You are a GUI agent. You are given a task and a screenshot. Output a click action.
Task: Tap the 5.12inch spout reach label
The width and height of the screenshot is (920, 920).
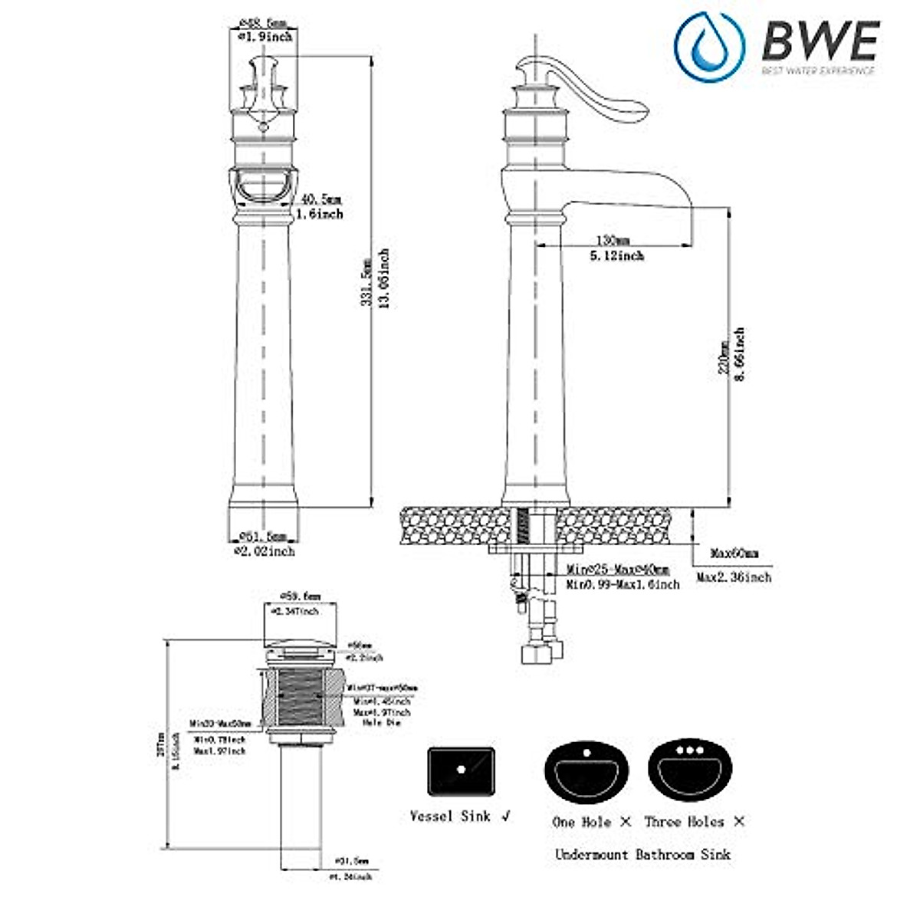point(617,255)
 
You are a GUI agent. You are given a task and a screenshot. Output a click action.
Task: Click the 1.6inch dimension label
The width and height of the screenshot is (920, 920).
point(320,214)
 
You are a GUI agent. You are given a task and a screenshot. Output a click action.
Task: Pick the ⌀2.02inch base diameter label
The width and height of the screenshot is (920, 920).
point(263,550)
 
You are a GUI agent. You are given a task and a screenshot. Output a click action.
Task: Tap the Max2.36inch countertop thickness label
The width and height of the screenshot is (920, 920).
point(734,577)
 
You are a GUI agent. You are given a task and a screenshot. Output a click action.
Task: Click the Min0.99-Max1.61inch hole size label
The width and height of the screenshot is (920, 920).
point(623,584)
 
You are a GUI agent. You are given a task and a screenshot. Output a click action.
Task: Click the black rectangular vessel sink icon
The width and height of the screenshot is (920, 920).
point(461,770)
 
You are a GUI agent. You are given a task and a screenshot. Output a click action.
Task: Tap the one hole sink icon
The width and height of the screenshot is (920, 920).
point(586,770)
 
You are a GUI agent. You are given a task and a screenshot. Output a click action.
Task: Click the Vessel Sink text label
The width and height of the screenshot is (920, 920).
point(450,816)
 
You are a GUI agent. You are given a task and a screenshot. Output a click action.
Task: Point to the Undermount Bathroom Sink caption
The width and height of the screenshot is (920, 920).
point(642,854)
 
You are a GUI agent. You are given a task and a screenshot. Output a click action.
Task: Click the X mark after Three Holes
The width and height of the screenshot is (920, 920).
point(738,821)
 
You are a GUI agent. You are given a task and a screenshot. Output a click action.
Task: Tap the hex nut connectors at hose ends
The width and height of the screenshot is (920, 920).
point(541,652)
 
